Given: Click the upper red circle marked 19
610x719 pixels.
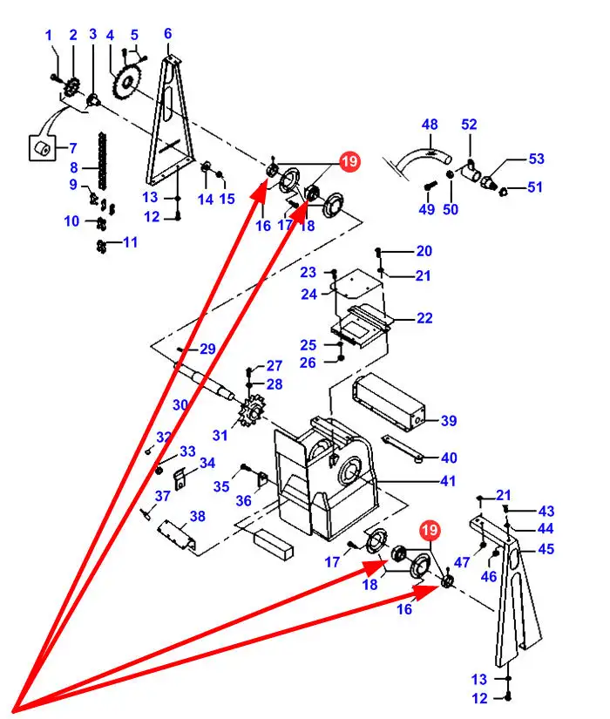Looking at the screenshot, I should point(349,161).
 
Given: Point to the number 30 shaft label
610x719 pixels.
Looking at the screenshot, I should point(180,405).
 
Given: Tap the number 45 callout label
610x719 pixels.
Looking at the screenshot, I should point(546,549).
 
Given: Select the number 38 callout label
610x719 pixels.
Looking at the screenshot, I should point(198,516).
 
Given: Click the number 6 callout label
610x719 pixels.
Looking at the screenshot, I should point(167,33).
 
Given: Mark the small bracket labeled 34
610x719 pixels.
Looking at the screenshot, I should point(181,478).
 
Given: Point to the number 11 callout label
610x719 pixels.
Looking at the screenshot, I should point(130,242).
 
